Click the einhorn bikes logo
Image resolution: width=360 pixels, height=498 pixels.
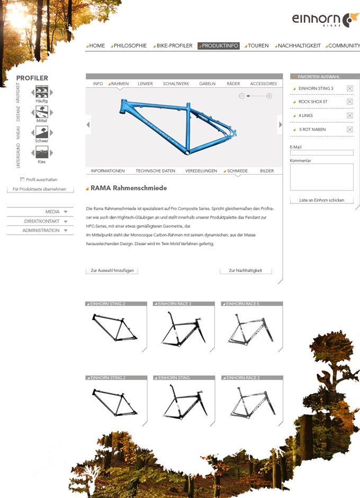coord(326,20)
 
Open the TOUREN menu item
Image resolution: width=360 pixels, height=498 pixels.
coord(258,46)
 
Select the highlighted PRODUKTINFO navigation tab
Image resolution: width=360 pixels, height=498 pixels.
coord(219,46)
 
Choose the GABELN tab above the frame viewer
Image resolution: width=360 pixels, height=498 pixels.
coord(207,84)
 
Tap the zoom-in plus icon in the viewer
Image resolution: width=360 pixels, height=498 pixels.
coord(269,96)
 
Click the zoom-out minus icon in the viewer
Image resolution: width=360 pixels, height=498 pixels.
coord(242,96)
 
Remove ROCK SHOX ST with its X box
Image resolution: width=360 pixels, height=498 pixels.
coord(350,102)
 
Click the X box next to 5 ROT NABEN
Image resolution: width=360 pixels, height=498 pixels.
coord(350,129)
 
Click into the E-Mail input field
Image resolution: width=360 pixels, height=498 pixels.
coord(321,153)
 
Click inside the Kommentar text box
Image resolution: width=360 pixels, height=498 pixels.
coord(321,177)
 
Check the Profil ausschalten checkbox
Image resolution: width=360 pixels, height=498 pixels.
coord(22,179)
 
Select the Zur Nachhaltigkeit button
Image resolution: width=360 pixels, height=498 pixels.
coord(246,270)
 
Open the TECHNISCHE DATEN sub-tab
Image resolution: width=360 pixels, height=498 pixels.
coord(155,171)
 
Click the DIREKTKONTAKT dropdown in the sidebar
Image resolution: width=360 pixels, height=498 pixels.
coord(40,221)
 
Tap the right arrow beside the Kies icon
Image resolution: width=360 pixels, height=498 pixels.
coord(51,153)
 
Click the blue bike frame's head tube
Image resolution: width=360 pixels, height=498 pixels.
coord(123,106)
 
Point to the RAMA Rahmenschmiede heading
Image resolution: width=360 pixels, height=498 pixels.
coord(129,188)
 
